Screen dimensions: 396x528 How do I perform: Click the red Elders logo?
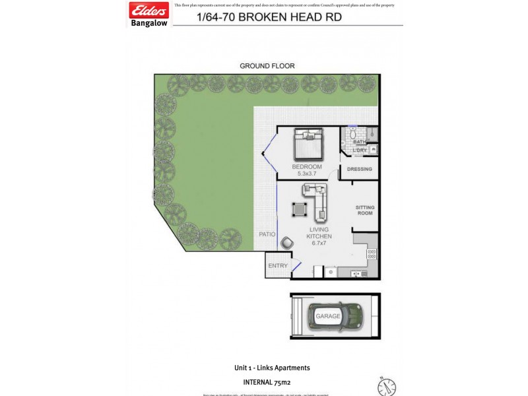(x=150, y=11)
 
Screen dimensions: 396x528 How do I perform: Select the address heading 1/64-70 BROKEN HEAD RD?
(x=269, y=18)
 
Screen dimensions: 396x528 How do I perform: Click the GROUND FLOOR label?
(x=267, y=66)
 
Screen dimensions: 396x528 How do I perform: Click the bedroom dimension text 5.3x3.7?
(x=308, y=174)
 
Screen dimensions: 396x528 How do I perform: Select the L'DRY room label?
(x=360, y=150)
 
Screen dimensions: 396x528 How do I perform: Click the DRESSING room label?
(x=360, y=170)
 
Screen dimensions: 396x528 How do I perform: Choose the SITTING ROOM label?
(x=365, y=209)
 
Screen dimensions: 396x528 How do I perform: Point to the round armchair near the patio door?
(x=287, y=243)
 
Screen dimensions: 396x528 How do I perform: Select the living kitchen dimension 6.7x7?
(x=319, y=243)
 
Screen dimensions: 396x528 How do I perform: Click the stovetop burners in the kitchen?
(x=372, y=253)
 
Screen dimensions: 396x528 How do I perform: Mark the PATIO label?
(x=267, y=234)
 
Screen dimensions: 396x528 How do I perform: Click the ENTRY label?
(x=277, y=266)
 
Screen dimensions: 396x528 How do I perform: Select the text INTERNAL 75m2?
(x=271, y=381)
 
